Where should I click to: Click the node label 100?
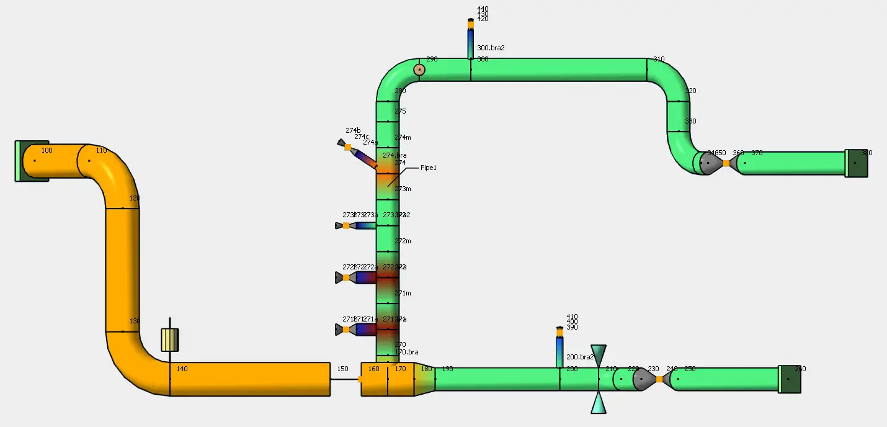point(47,150)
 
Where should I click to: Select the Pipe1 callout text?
point(429,168)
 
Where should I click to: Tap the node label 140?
point(182,369)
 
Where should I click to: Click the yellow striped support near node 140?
point(170,339)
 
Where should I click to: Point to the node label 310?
point(659,60)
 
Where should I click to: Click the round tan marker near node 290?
point(419,70)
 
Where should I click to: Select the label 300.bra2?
point(491,48)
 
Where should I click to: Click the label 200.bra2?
point(581,357)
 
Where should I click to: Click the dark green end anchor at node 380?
point(856,163)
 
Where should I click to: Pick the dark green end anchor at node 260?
point(790,379)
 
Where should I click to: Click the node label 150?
point(342,369)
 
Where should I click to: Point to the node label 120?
point(135,199)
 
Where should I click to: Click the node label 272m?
point(403,241)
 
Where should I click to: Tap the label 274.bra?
point(394,155)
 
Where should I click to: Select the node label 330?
point(690,121)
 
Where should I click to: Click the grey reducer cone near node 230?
point(644,379)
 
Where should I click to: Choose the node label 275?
point(400,112)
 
